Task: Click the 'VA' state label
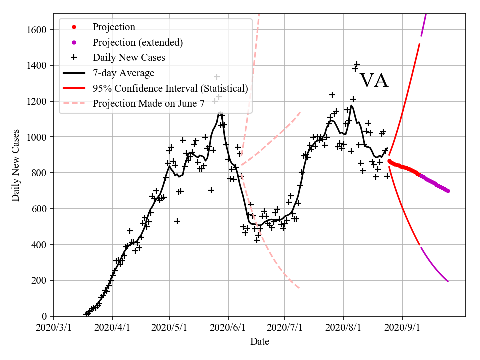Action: pos(374,80)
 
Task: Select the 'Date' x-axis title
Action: pos(260,342)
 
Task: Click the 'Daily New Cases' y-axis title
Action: pos(16,165)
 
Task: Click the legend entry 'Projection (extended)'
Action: pos(137,42)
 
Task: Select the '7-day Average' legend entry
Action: pos(123,73)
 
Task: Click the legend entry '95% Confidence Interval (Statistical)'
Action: pos(170,89)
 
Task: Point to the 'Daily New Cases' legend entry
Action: pos(128,58)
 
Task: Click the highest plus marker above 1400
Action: pos(357,64)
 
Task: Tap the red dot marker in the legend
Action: pos(74,27)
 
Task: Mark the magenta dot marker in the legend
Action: pos(74,42)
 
